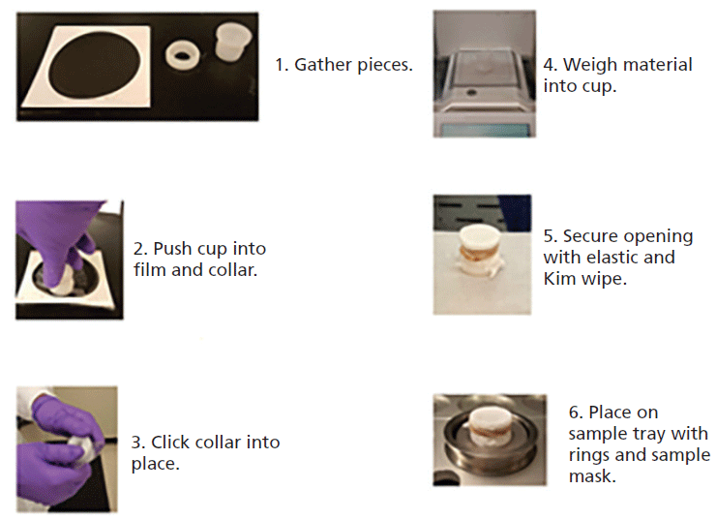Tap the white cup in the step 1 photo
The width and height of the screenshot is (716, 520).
[232, 42]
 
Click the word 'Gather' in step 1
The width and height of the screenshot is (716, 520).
[324, 65]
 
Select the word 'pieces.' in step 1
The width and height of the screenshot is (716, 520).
[385, 66]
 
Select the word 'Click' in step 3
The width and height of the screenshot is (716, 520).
[171, 443]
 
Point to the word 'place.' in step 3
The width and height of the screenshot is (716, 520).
[155, 464]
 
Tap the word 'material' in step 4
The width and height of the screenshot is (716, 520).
[657, 65]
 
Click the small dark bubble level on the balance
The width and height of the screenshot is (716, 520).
[471, 92]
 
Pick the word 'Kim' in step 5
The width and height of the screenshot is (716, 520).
[559, 279]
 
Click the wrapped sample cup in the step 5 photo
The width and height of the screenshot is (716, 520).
[480, 251]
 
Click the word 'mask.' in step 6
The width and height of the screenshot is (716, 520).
[592, 476]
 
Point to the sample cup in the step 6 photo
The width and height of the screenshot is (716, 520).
[489, 426]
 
